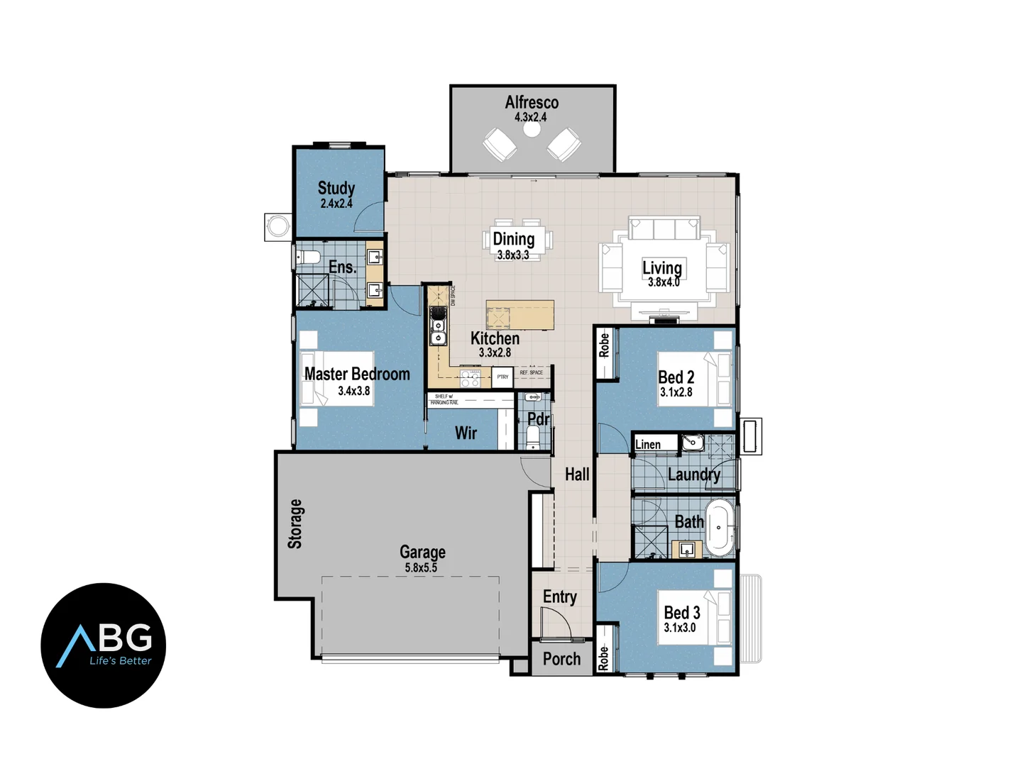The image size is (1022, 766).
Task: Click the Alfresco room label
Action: click(x=532, y=103)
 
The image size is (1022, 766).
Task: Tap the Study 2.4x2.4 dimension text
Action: click(x=336, y=204)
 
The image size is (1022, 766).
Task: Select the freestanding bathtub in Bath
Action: click(x=720, y=528)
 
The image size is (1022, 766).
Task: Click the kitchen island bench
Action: click(x=520, y=315)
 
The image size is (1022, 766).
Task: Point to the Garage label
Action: click(x=422, y=552)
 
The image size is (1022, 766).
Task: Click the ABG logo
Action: click(x=104, y=645)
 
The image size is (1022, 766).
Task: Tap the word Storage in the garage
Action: click(x=295, y=523)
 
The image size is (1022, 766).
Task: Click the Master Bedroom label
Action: click(x=357, y=374)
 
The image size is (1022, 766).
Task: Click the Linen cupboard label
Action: click(x=648, y=445)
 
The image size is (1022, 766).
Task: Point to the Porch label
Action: click(x=561, y=659)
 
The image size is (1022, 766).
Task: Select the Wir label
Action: click(x=466, y=433)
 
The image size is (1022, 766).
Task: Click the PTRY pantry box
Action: click(x=502, y=377)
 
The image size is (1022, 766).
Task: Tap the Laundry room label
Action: click(x=693, y=474)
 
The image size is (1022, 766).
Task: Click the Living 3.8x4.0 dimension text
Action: click(x=663, y=282)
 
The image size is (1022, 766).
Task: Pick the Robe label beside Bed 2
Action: click(x=604, y=345)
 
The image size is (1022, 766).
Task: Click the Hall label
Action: click(x=577, y=474)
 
